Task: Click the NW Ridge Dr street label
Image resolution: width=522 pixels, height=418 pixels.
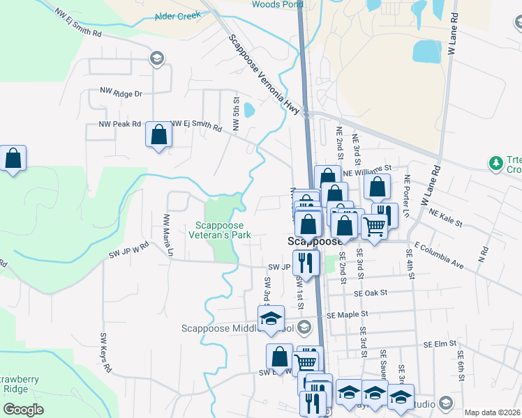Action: [121, 93]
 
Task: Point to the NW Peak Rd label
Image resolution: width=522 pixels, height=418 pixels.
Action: [120, 125]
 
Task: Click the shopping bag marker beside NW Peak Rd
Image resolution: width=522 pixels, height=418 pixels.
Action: [158, 134]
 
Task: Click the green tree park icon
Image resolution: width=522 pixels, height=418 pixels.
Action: [496, 163]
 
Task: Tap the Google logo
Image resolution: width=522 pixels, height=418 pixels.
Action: [24, 410]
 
